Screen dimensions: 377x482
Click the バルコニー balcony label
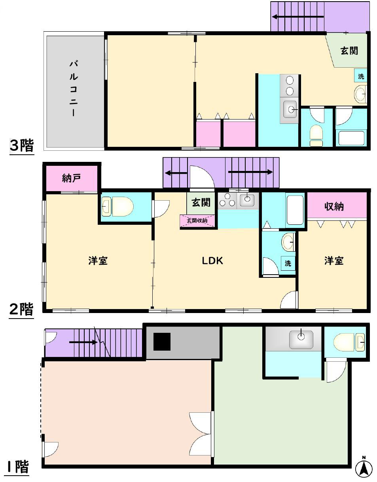(x=74, y=88)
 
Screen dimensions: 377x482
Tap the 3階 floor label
(x=22, y=146)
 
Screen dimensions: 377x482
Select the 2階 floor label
(x=21, y=309)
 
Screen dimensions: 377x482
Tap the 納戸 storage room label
(x=71, y=178)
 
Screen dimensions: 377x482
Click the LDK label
(x=212, y=261)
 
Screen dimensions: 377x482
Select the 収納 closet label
(x=334, y=207)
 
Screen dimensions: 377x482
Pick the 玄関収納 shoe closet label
(x=197, y=221)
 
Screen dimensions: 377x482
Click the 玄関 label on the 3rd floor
(x=349, y=51)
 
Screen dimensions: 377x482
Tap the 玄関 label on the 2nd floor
(x=201, y=202)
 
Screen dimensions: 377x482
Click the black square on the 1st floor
(x=162, y=342)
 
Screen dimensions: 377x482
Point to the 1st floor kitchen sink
(x=301, y=340)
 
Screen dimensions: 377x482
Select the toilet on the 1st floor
(x=349, y=343)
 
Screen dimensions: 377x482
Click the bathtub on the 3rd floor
(x=351, y=138)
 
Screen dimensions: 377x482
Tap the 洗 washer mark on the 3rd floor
(x=361, y=76)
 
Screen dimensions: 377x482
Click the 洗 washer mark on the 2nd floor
(x=288, y=263)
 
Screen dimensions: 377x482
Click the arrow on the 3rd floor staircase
(x=298, y=17)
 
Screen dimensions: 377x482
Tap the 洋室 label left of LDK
(x=98, y=261)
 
